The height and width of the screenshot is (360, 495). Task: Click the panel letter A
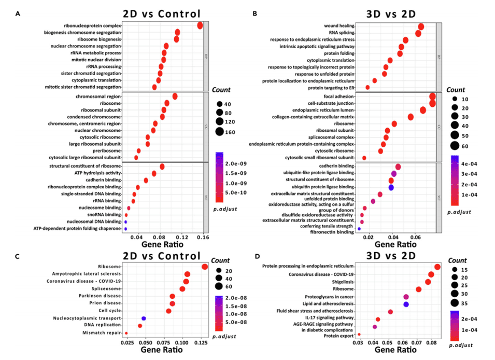coord(18,15)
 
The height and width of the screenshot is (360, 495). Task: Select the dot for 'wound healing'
coord(421,26)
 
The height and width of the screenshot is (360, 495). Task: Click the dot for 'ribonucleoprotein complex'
coord(200,26)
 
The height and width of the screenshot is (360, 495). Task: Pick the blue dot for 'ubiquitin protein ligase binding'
coord(391,187)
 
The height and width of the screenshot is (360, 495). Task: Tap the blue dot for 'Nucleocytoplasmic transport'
coord(144,319)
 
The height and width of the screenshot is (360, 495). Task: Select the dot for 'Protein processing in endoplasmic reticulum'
coord(437,267)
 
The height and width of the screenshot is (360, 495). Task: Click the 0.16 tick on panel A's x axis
coord(203,238)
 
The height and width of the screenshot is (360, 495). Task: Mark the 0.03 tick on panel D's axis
coord(358,342)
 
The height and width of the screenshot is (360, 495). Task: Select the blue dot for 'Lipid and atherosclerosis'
coord(406,304)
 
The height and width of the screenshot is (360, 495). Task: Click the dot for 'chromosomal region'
coord(175,96)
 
